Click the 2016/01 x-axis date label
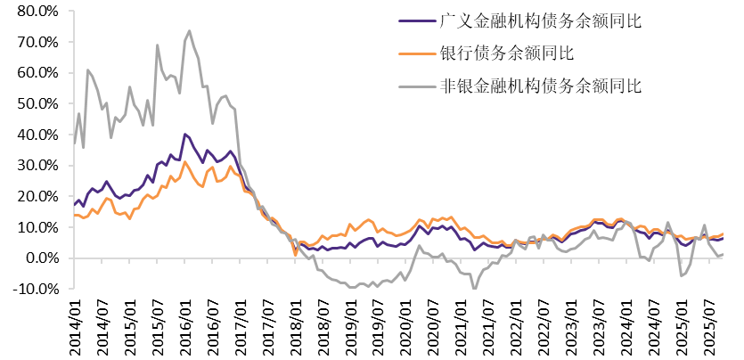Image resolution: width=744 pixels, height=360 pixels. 185,326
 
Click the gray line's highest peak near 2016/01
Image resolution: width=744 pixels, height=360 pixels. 189,31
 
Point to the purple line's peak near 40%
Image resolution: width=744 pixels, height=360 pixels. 184,135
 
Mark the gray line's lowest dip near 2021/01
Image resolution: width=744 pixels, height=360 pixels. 474,288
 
